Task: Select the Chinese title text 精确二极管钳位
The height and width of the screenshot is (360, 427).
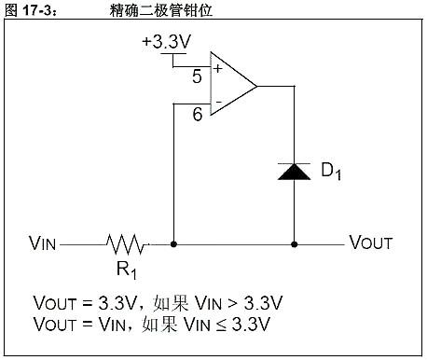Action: pyautogui.click(x=150, y=8)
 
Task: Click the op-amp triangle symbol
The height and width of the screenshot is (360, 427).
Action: pyautogui.click(x=231, y=85)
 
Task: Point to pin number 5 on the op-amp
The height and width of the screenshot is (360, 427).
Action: pyautogui.click(x=197, y=76)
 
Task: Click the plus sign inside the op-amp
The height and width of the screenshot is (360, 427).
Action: pyautogui.click(x=217, y=68)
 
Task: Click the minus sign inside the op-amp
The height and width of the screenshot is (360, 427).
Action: pyautogui.click(x=217, y=102)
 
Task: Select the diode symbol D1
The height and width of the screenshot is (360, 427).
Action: pyautogui.click(x=295, y=171)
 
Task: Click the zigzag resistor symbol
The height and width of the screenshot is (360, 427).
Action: pyautogui.click(x=126, y=244)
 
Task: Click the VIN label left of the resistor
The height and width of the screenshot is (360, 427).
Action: pyautogui.click(x=43, y=244)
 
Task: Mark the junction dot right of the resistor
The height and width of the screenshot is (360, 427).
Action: pyautogui.click(x=174, y=244)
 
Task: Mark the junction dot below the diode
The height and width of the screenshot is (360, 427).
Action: pyautogui.click(x=295, y=244)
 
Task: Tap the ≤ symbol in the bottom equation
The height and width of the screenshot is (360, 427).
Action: pyautogui.click(x=229, y=325)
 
